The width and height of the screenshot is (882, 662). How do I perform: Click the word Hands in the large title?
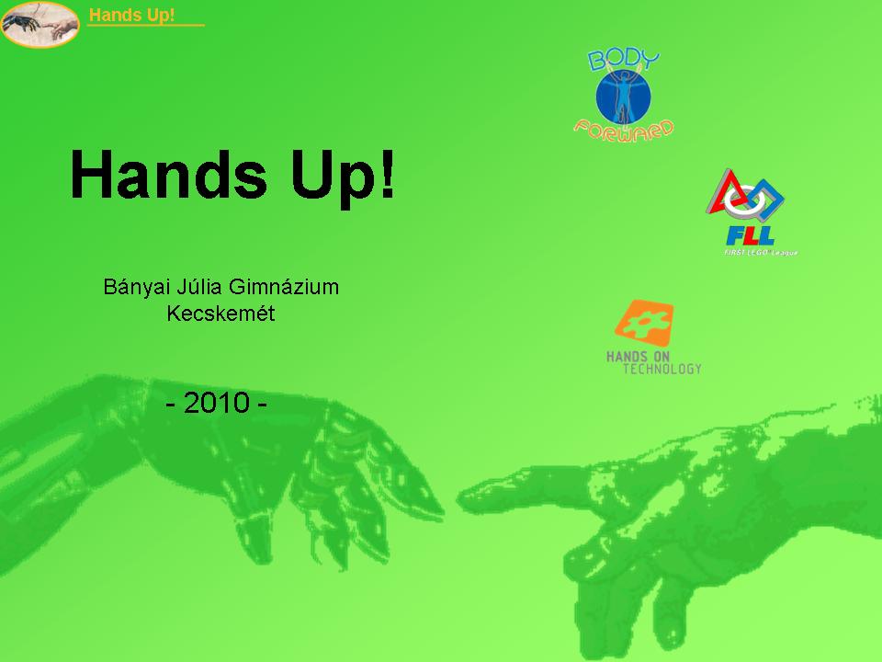coord(168,175)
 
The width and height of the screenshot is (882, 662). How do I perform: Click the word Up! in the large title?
coord(343,177)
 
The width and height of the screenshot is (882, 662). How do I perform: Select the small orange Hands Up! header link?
coord(131,15)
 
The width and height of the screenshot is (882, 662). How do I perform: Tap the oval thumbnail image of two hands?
coord(40,24)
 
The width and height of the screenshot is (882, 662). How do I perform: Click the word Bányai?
coord(136,287)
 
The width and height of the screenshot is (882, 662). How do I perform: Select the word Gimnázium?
coord(284,287)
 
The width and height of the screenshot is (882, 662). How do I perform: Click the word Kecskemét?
coord(220,313)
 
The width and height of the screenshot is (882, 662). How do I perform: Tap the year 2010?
coord(217,403)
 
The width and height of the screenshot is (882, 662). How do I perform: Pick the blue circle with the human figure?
coord(623,97)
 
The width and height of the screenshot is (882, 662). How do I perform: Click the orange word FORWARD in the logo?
coord(624,131)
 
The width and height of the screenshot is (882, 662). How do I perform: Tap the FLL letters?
coord(751,235)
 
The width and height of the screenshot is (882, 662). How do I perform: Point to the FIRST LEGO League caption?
coord(761,252)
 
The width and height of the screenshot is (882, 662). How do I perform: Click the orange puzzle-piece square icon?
coord(644,323)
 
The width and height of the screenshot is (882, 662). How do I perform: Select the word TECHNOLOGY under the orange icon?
coord(662,369)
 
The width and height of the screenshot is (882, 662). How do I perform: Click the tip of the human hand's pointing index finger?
coord(459,498)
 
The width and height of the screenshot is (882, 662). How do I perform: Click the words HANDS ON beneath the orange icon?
coord(638,357)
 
